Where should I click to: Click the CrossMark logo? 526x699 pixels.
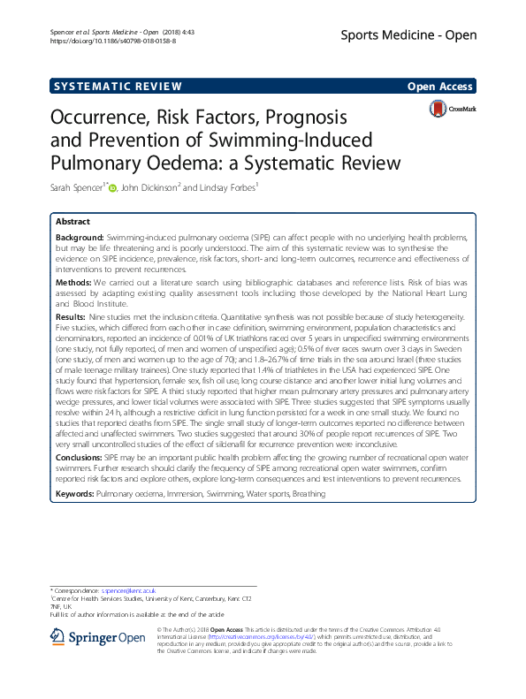click(453, 110)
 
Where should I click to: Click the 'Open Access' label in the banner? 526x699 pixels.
click(441, 87)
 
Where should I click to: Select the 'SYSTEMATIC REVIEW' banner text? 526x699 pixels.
click(118, 87)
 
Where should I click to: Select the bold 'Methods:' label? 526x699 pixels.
click(73, 284)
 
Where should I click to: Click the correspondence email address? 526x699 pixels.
click(127, 589)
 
